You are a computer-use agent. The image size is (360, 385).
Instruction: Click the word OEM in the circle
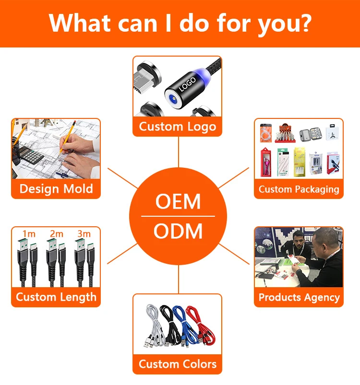178,202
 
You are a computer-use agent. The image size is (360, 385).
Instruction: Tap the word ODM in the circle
178,232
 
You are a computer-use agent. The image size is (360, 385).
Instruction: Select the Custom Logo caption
177,127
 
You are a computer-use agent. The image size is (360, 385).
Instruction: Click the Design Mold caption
56,188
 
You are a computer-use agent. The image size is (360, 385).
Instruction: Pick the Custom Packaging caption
299,189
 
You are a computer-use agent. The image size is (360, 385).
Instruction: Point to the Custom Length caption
56,297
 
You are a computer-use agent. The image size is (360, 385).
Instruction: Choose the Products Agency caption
299,297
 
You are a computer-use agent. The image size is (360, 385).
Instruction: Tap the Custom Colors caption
177,364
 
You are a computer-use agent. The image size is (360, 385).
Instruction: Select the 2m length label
56,234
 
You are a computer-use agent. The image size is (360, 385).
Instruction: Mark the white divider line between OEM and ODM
178,217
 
